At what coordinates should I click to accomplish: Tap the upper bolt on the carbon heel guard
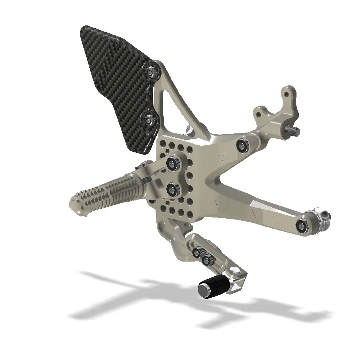click(151, 72)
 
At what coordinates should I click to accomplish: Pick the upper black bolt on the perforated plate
click(173, 163)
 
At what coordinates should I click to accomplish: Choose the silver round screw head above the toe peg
click(235, 272)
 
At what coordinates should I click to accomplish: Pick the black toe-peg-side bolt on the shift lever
click(207, 260)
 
